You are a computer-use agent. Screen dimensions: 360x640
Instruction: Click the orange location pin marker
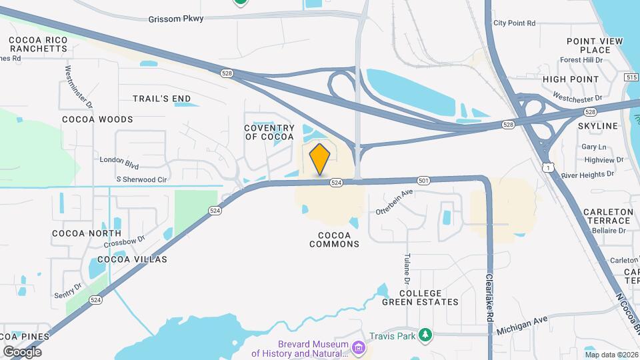click(320, 159)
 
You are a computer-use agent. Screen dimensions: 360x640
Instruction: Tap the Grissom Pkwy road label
click(176, 19)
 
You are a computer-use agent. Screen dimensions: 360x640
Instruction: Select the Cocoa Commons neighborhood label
click(334, 239)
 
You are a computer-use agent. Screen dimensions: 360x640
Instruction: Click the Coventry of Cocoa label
click(269, 132)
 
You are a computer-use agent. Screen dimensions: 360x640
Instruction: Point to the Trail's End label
click(161, 99)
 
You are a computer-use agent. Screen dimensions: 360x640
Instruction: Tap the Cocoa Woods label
click(97, 119)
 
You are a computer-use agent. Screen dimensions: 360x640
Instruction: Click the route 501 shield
click(423, 181)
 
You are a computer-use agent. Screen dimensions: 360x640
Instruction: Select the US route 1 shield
click(547, 167)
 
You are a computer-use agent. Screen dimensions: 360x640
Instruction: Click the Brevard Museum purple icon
click(359, 348)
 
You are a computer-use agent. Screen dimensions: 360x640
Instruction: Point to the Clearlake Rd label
click(489, 299)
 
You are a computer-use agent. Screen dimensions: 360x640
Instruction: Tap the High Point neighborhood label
click(571, 79)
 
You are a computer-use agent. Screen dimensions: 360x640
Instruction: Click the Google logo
click(22, 351)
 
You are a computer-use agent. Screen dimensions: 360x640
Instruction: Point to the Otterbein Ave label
click(395, 202)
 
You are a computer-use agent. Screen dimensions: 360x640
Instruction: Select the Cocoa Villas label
click(132, 259)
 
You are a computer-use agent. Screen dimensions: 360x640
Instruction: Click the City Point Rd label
click(514, 23)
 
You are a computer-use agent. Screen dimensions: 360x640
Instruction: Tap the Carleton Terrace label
click(607, 216)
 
